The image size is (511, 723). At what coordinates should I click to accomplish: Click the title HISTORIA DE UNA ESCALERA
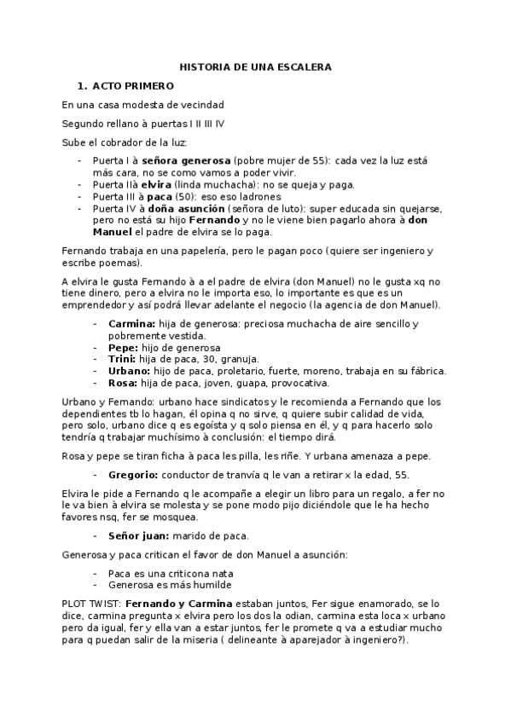tap(255, 67)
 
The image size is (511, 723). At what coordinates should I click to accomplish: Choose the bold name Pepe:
tap(124, 348)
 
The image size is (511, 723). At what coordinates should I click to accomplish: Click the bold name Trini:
tap(123, 359)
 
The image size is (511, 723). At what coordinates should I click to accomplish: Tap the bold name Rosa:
tap(124, 383)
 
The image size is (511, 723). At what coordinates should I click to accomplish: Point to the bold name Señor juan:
tap(138, 535)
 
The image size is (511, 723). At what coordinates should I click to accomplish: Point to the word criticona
tap(183, 573)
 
